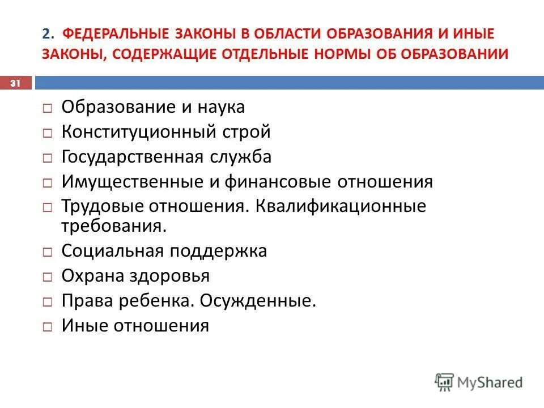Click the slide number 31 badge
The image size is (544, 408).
15,83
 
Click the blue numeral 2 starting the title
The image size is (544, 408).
45,33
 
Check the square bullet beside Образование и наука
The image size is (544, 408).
49,108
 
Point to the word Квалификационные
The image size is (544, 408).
341,207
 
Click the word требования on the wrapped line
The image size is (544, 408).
114,226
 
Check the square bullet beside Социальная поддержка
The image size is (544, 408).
49,252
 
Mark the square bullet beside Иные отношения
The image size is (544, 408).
49,327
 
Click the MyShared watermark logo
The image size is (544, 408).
479,382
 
